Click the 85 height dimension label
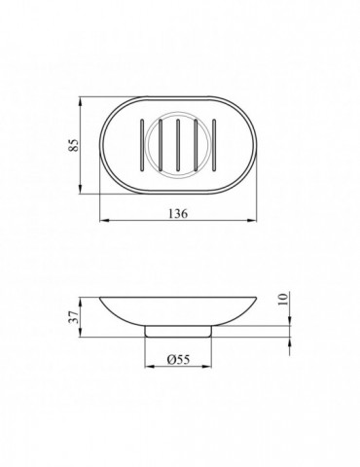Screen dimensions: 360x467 tap(74, 145)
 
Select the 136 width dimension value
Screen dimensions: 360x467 tap(178, 213)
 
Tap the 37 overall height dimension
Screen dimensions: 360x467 tap(74, 317)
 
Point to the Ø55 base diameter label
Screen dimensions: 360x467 tap(178, 359)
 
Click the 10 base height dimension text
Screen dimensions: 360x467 tap(283, 299)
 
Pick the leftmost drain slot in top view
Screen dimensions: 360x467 tap(141, 145)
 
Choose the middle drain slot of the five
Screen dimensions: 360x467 tap(178, 145)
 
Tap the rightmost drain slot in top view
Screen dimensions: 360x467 tap(214, 145)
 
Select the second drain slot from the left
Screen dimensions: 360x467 tap(160, 145)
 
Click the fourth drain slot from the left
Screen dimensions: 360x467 tap(196, 145)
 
